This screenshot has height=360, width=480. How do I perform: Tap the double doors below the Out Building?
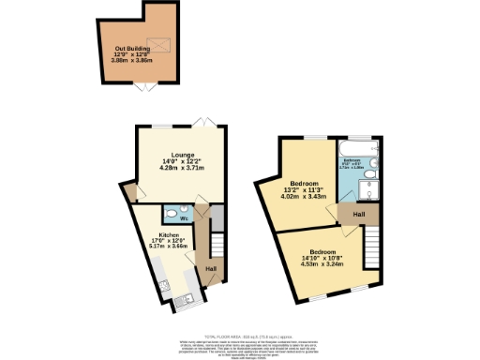pos(142,87)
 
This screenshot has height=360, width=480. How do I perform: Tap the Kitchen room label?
pos(169,235)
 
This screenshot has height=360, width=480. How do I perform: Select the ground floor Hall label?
pos(212,269)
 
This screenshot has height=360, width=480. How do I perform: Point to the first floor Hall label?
pos(359,215)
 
